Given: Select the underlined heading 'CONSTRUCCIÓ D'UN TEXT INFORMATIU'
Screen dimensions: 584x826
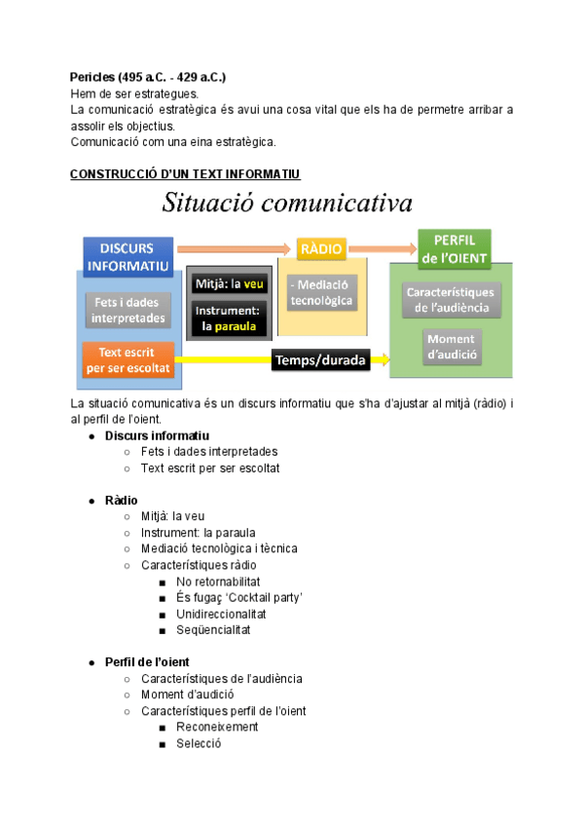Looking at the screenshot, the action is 184,174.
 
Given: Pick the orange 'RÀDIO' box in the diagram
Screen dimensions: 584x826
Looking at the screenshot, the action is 322,249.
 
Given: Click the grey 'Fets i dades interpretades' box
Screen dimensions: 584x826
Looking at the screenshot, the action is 129,310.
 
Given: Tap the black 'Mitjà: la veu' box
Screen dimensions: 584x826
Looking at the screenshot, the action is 230,283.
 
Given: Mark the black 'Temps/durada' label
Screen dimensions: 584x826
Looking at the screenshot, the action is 320,360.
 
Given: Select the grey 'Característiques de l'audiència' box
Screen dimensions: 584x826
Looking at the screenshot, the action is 451,300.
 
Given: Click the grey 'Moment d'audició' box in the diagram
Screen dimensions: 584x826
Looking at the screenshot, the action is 451,347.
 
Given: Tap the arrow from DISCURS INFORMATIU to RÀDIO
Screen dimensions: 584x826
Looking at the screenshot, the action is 234,250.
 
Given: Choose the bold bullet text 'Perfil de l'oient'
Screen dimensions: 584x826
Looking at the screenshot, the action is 147,662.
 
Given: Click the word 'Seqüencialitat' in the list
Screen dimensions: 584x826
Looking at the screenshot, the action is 213,630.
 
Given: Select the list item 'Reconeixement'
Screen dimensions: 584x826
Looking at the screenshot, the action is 217,728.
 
